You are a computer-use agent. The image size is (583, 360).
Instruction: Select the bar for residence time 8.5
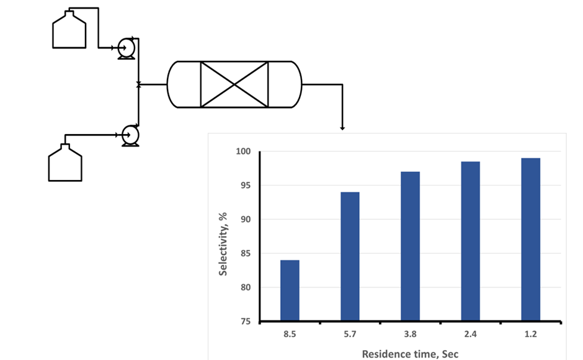pos(290,290)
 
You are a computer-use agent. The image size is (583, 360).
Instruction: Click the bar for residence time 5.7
pos(350,256)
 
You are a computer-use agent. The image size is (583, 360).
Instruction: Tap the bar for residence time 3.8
pos(410,246)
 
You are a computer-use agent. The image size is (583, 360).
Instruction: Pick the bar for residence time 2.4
pos(470,241)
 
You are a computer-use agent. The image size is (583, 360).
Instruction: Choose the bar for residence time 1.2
pos(530,240)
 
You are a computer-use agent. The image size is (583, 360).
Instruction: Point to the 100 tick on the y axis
pos(243,151)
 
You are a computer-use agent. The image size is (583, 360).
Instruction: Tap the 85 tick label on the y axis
pos(246,253)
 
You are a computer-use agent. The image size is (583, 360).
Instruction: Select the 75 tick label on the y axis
pos(246,322)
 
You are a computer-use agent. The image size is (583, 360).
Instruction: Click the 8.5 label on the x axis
pos(290,334)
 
